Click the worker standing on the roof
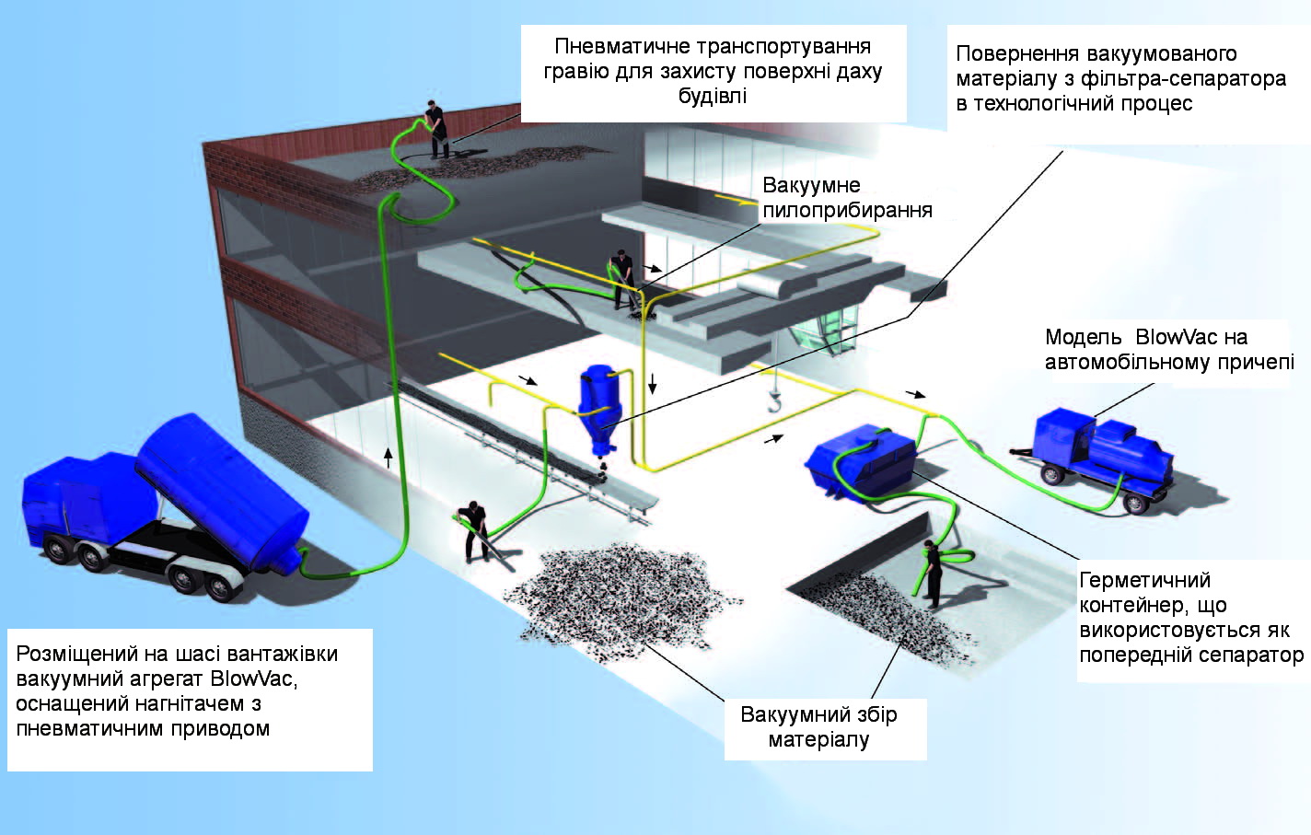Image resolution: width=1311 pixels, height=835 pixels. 435,129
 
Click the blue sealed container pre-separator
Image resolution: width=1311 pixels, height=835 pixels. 861,460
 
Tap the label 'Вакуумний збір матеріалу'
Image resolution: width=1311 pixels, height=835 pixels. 818,727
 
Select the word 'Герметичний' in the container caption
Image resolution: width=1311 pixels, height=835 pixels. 1144,581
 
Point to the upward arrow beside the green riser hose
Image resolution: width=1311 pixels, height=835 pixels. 389,457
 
